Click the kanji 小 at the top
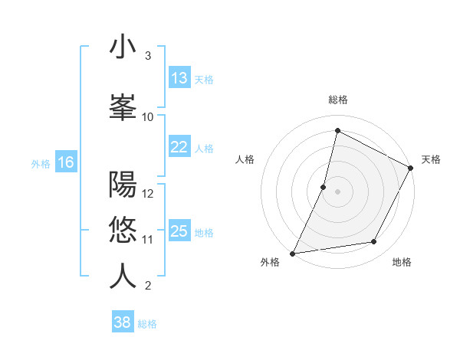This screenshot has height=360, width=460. click(123, 47)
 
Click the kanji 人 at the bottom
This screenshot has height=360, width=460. click(123, 276)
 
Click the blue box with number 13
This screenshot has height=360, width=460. click(179, 78)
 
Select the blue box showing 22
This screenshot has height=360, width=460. click(179, 147)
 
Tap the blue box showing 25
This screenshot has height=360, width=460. click(179, 231)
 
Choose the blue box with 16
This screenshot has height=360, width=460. click(66, 162)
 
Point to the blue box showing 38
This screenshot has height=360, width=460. click(123, 322)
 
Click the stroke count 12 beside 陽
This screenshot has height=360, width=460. click(148, 193)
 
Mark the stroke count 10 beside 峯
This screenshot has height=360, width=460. click(148, 116)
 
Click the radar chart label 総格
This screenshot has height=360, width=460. click(337, 100)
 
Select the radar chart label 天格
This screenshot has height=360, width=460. click(431, 159)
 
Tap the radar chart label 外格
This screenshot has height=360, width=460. click(270, 262)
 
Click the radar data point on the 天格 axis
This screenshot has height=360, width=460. click(411, 168)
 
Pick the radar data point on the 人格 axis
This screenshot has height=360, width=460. click(324, 187)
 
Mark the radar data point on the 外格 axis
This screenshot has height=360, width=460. click(292, 254)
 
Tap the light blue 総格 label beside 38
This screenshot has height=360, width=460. click(147, 324)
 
